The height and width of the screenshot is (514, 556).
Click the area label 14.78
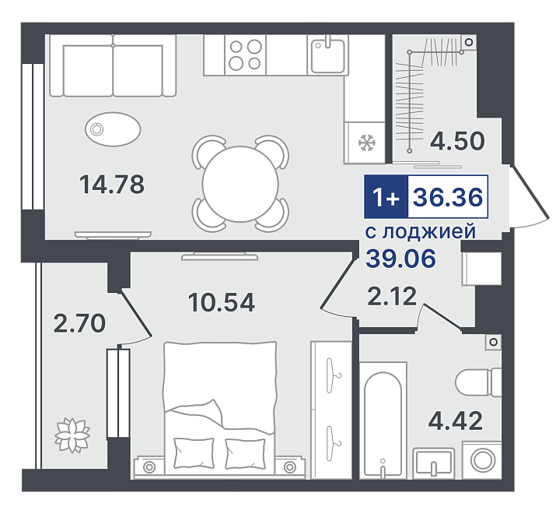click(x=112, y=185)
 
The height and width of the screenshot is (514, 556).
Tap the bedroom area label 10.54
click(x=222, y=303)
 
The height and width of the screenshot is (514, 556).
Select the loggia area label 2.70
click(x=79, y=323)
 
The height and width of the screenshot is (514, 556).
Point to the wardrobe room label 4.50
click(x=457, y=141)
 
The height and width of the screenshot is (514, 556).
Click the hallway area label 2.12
click(x=392, y=296)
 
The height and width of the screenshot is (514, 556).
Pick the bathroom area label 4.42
click(x=456, y=421)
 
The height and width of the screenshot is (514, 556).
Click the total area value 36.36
click(x=448, y=197)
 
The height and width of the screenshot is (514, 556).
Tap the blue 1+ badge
click(x=386, y=196)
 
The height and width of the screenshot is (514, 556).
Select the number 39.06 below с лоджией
click(x=400, y=259)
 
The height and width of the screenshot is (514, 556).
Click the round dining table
click(x=240, y=184)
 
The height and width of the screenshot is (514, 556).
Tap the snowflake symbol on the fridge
click(x=366, y=143)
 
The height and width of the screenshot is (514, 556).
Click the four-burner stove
click(x=245, y=55)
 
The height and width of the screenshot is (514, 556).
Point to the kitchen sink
click(x=328, y=55)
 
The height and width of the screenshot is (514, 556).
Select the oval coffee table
click(x=113, y=129)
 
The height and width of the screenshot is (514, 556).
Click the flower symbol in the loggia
click(x=72, y=435)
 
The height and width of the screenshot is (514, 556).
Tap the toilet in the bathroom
click(x=478, y=382)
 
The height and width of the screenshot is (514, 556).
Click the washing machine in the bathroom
click(x=482, y=459)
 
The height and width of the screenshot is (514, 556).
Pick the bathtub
click(x=383, y=421)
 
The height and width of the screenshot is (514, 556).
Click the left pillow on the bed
click(x=194, y=453)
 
